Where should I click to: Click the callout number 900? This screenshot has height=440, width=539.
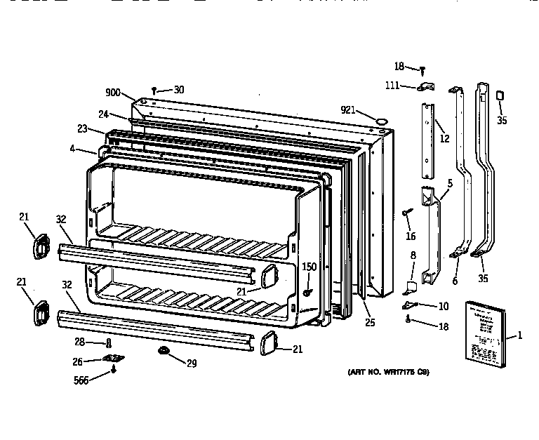[113, 93]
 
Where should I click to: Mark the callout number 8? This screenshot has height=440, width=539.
[413, 255]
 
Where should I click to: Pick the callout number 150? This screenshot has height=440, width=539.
[309, 267]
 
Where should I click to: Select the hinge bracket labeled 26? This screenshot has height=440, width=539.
[110, 359]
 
